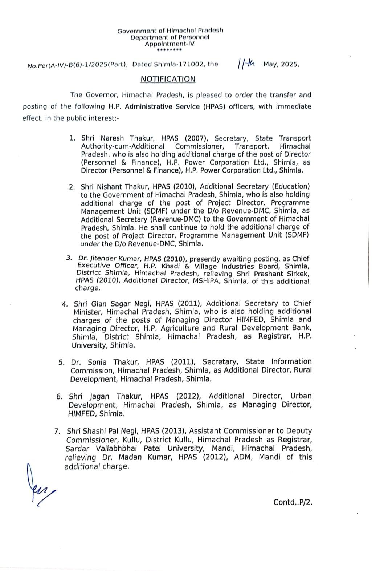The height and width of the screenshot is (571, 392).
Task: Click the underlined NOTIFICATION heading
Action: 168,79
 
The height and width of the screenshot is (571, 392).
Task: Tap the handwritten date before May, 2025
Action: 246,64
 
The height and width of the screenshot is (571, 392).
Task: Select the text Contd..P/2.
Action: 293,502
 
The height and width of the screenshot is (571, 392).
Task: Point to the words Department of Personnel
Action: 170,37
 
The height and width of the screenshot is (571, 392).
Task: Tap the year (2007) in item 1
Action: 196,138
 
